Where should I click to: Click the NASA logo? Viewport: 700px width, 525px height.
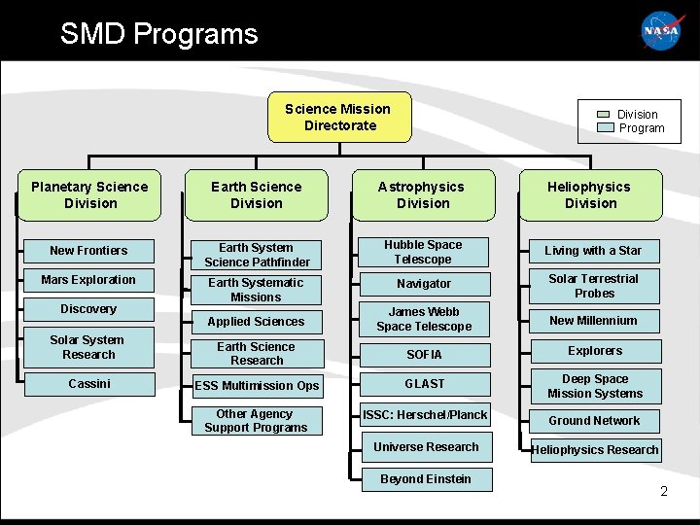point(661,31)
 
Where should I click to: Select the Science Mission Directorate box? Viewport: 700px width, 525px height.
point(338,118)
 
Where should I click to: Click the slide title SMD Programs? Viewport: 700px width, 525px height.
point(159,34)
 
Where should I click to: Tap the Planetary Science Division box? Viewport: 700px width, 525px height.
point(89,195)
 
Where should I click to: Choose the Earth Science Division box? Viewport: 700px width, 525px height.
point(257,195)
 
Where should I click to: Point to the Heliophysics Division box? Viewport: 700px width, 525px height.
point(590,195)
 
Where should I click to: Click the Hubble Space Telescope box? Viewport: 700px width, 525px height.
point(423,253)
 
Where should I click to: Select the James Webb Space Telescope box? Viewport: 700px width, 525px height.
point(423,320)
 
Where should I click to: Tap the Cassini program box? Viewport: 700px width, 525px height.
point(89,384)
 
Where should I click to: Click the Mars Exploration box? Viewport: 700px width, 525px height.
point(89,280)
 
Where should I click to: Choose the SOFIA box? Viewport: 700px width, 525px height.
point(423,355)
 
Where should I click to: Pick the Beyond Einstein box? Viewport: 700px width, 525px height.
point(426,479)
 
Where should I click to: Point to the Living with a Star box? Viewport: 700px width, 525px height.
point(593,251)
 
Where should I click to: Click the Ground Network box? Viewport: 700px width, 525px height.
point(594,421)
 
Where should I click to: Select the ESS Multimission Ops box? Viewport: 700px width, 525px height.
point(257,386)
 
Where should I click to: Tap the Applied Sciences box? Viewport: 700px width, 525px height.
point(257,322)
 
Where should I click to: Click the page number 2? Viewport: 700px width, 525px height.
point(664,491)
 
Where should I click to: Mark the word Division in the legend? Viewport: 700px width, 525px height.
point(638,115)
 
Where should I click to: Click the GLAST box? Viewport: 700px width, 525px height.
point(424,384)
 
